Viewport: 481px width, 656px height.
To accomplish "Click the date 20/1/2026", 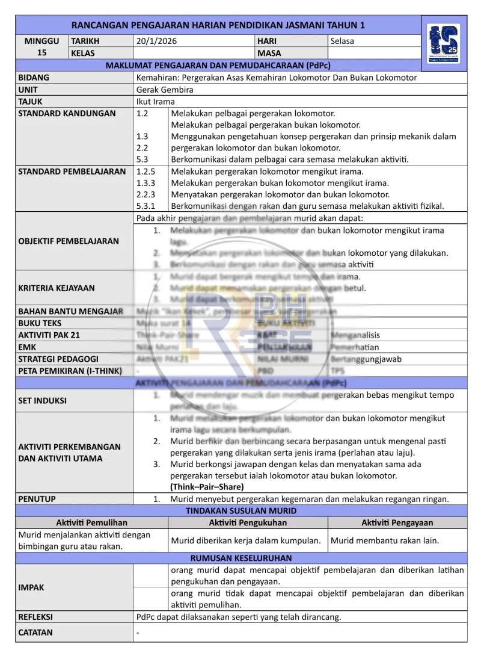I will coord(156,42).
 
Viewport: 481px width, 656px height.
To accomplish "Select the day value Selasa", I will coord(342,42).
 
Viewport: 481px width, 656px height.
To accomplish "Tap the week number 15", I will coord(42,52).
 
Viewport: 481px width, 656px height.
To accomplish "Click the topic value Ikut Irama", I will coord(155,102).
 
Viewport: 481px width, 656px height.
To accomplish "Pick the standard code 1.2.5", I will coord(146,172).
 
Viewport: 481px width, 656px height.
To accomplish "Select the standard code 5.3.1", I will coord(146,206).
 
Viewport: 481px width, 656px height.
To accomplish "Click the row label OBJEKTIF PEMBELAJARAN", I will coord(69,241).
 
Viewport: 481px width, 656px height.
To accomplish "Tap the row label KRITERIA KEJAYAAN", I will coord(57,288).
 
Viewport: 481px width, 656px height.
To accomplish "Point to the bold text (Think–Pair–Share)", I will coord(207,487).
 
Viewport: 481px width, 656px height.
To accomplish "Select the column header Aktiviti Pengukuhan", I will coord(248,522).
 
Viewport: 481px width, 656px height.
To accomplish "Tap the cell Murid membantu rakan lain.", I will coord(385,540).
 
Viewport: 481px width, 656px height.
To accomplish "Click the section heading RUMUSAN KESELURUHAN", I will coord(240,558).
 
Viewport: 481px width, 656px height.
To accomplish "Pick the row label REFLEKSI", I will coord(35,617).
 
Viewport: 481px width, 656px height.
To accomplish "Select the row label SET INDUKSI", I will coord(42,400).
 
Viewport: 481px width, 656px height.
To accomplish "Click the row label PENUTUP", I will coord(37,498).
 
